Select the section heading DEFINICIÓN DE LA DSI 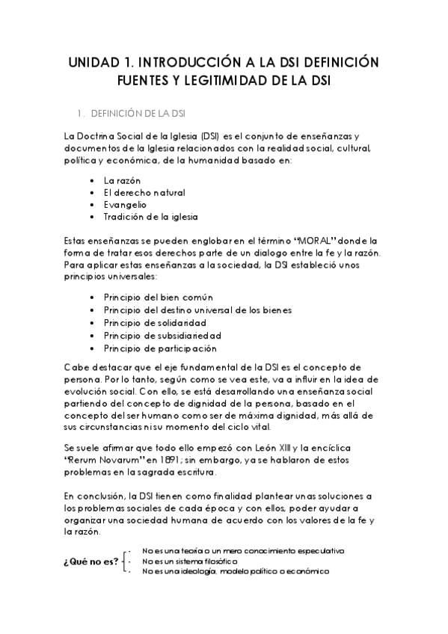point(138,114)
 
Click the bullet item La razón point(122,181)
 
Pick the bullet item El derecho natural point(144,193)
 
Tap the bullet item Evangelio point(126,204)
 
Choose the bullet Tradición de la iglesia point(150,216)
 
